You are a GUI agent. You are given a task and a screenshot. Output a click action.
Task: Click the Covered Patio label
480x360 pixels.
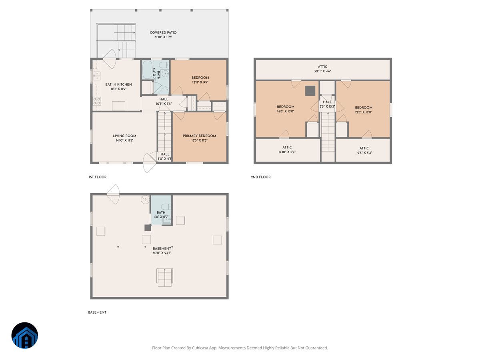coord(163,32)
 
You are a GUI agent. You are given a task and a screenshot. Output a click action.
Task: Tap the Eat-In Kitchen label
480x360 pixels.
coord(118,84)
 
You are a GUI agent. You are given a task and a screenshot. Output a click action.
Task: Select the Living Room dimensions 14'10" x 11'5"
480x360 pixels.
coord(124,140)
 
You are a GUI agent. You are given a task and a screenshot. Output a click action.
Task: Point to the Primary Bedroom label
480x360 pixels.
coord(199,136)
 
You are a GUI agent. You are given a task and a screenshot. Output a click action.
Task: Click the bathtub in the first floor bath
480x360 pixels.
coord(147,70)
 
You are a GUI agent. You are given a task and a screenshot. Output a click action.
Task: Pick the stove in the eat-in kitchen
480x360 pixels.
coord(97,101)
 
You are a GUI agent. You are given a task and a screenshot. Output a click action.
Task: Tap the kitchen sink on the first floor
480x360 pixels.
coord(97,76)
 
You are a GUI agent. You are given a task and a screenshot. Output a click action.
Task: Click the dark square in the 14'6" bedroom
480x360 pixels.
coord(310,91)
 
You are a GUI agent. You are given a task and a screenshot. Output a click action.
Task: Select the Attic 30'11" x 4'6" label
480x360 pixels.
coord(322,69)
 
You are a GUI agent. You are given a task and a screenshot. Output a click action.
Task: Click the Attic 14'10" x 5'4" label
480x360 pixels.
coord(287,150)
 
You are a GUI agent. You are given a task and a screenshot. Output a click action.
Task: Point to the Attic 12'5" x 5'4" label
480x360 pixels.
coord(364,150)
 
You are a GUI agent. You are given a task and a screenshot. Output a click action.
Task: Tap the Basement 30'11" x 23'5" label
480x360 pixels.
coord(162,250)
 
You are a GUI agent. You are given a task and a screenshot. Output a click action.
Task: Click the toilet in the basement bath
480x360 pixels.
coord(166,206)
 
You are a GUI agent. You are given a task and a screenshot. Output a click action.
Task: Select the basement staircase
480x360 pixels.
coord(164,277)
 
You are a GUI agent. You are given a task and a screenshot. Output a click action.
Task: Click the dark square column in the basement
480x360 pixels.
coord(148,228)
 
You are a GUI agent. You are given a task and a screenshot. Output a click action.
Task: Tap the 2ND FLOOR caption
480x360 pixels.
coord(260,177)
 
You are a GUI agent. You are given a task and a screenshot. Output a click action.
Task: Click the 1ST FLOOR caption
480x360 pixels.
coord(98,177)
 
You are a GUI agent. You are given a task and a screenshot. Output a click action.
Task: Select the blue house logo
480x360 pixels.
coord(25,335)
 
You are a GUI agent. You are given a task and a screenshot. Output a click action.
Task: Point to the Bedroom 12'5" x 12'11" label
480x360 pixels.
coord(364,110)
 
